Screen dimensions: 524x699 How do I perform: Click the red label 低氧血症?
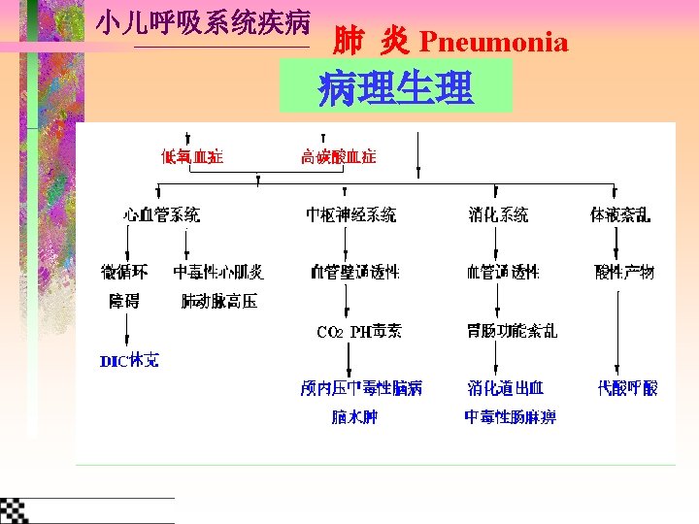click(191, 156)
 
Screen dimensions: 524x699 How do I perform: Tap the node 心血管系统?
click(162, 215)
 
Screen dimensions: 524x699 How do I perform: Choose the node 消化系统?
click(498, 215)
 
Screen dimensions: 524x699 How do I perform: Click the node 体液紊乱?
click(621, 215)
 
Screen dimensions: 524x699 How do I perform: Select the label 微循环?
click(124, 272)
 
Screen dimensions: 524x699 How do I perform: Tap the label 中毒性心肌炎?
click(218, 272)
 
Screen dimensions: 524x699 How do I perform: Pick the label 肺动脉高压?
click(219, 301)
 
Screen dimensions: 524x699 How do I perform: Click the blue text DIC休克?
click(129, 361)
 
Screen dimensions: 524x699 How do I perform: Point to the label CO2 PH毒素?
click(358, 332)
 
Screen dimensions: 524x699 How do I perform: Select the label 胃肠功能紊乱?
click(512, 331)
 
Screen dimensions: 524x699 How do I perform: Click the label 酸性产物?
click(624, 272)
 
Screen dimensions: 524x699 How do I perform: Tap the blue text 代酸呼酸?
click(627, 388)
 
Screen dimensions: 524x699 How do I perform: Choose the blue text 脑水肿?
click(354, 417)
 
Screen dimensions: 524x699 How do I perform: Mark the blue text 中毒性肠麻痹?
click(510, 417)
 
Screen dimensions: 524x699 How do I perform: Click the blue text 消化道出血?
click(505, 388)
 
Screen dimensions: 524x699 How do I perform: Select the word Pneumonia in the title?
click(493, 42)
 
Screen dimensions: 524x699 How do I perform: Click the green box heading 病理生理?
click(395, 88)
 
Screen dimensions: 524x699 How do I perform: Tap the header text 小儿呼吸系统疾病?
click(203, 23)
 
